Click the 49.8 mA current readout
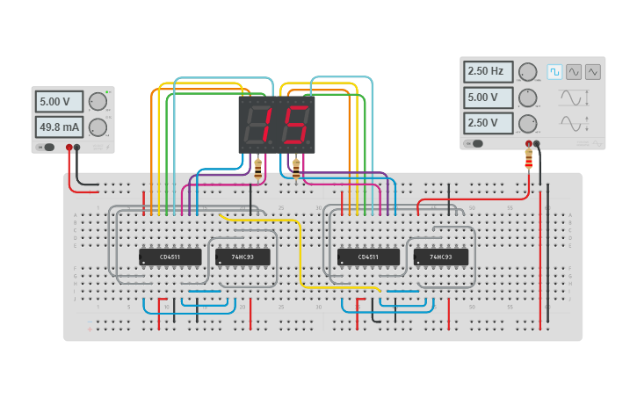click(x=59, y=127)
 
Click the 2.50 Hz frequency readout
click(x=488, y=71)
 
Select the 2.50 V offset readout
click(x=488, y=123)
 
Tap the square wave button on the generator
click(x=554, y=71)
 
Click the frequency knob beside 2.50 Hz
click(x=527, y=71)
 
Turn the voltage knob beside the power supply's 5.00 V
click(x=98, y=101)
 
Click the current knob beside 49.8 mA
click(x=98, y=127)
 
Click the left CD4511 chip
click(x=170, y=257)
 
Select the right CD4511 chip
click(x=368, y=257)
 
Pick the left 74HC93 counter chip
click(x=242, y=257)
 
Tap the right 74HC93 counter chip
click(x=441, y=257)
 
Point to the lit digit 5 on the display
click(x=295, y=125)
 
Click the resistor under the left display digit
click(x=257, y=167)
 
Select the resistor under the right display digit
click(x=296, y=167)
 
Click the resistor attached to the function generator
click(x=529, y=158)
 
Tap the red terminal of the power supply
click(x=69, y=148)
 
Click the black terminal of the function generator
click(x=537, y=143)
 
